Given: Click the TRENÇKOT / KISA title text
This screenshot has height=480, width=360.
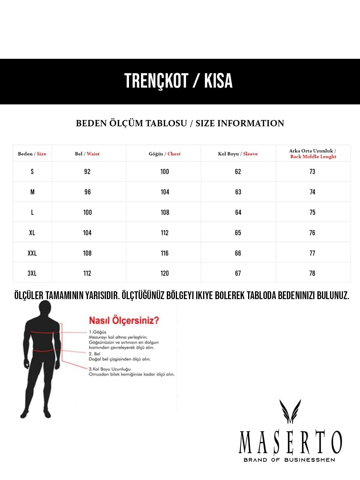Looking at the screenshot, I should click(x=178, y=81).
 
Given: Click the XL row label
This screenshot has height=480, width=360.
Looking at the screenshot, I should click(x=32, y=233).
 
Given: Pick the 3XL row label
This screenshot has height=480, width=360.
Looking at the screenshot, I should click(x=32, y=273).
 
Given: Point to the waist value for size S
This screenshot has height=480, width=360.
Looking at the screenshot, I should click(x=87, y=172).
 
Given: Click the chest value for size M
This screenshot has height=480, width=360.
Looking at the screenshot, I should click(x=165, y=192).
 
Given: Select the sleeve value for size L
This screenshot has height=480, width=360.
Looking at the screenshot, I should click(x=238, y=212).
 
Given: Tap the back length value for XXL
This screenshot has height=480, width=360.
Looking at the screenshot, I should click(x=312, y=253).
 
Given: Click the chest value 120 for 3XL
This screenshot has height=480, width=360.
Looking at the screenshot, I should click(x=165, y=273).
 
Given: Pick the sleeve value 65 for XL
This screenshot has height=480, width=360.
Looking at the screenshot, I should click(x=238, y=233).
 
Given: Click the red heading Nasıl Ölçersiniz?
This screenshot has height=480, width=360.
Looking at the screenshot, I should click(x=124, y=320).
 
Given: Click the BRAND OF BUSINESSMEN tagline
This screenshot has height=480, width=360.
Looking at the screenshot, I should click(x=289, y=460).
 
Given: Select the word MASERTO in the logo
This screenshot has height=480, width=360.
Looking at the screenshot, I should click(x=290, y=442).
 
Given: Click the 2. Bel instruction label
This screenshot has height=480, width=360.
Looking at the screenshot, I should click(x=94, y=354).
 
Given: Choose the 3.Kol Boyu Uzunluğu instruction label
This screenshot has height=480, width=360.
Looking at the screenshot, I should click(x=109, y=369).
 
